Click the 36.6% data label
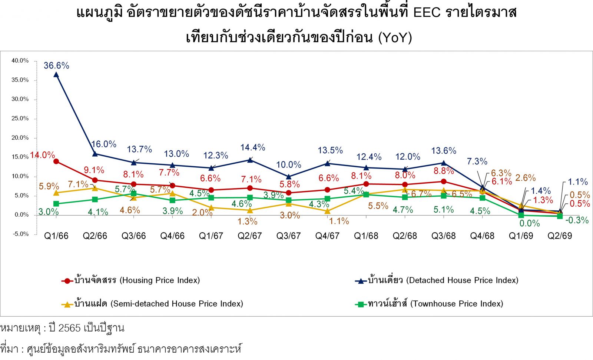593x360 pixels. tap(56, 65)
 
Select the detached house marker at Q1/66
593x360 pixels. tap(56, 74)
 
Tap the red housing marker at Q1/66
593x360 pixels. tap(56, 161)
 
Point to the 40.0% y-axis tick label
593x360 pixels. tap(20, 61)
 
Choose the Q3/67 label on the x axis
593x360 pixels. tap(289, 236)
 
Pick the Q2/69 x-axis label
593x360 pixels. tap(560, 236)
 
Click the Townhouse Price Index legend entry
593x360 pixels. tap(429, 304)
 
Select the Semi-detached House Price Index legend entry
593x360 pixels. tap(152, 304)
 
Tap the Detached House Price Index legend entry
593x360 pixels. tap(437, 280)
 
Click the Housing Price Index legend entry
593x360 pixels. tap(130, 280)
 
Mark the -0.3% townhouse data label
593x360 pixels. tap(577, 220)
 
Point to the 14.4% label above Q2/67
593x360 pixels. tap(252, 147)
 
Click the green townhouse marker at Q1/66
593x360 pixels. tap(56, 204)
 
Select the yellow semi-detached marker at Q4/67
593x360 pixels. tap(328, 211)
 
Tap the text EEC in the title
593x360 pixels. tap(427, 12)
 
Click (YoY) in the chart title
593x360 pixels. tap(395, 37)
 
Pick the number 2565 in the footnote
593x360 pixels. tap(69, 328)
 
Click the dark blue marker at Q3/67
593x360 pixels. tap(289, 176)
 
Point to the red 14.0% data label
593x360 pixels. tap(42, 155)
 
